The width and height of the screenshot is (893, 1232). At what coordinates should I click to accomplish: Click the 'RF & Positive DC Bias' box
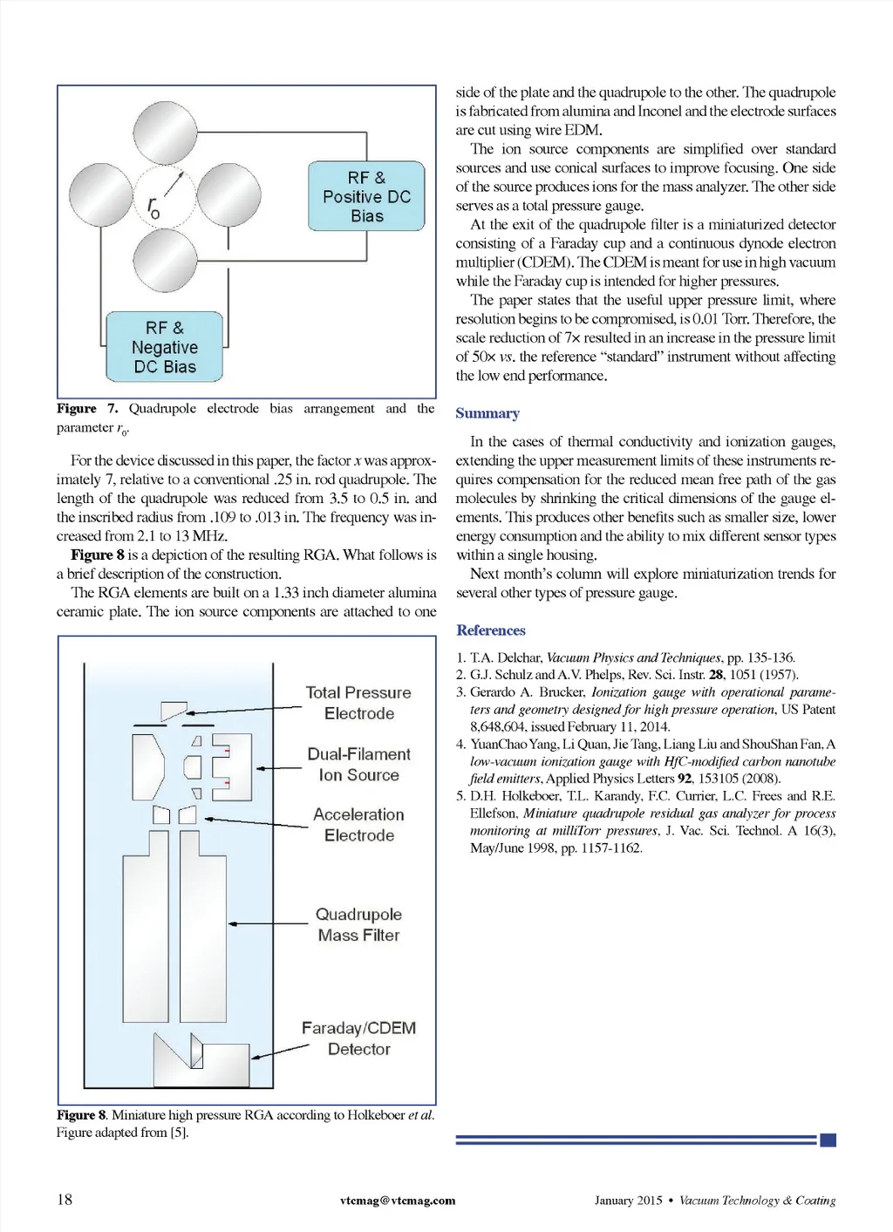[x=366, y=196]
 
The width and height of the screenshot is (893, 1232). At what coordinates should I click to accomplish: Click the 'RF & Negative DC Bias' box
[x=165, y=347]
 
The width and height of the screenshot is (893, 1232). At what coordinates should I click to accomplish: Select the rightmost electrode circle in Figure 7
[x=228, y=195]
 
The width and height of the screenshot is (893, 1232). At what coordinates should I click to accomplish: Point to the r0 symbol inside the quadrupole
[x=154, y=207]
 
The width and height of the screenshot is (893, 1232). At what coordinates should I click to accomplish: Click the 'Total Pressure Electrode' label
[x=358, y=703]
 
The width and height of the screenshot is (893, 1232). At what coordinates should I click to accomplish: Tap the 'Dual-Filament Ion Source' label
[x=358, y=765]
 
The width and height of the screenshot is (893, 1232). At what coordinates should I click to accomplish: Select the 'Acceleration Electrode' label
[x=358, y=825]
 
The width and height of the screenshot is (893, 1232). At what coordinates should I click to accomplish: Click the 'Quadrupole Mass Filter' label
[x=358, y=924]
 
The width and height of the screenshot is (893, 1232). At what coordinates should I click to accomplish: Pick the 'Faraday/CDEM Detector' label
[x=358, y=1038]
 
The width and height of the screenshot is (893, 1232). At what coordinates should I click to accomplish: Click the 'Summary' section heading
[x=487, y=413]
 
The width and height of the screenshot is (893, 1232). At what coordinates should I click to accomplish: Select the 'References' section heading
[x=491, y=630]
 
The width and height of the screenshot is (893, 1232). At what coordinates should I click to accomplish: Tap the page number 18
[x=65, y=1200]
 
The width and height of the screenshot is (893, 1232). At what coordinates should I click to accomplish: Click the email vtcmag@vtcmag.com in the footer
[x=398, y=1201]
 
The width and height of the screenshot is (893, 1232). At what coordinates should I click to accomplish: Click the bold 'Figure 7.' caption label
[x=87, y=409]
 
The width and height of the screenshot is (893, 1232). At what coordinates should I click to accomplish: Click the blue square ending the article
[x=828, y=1140]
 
